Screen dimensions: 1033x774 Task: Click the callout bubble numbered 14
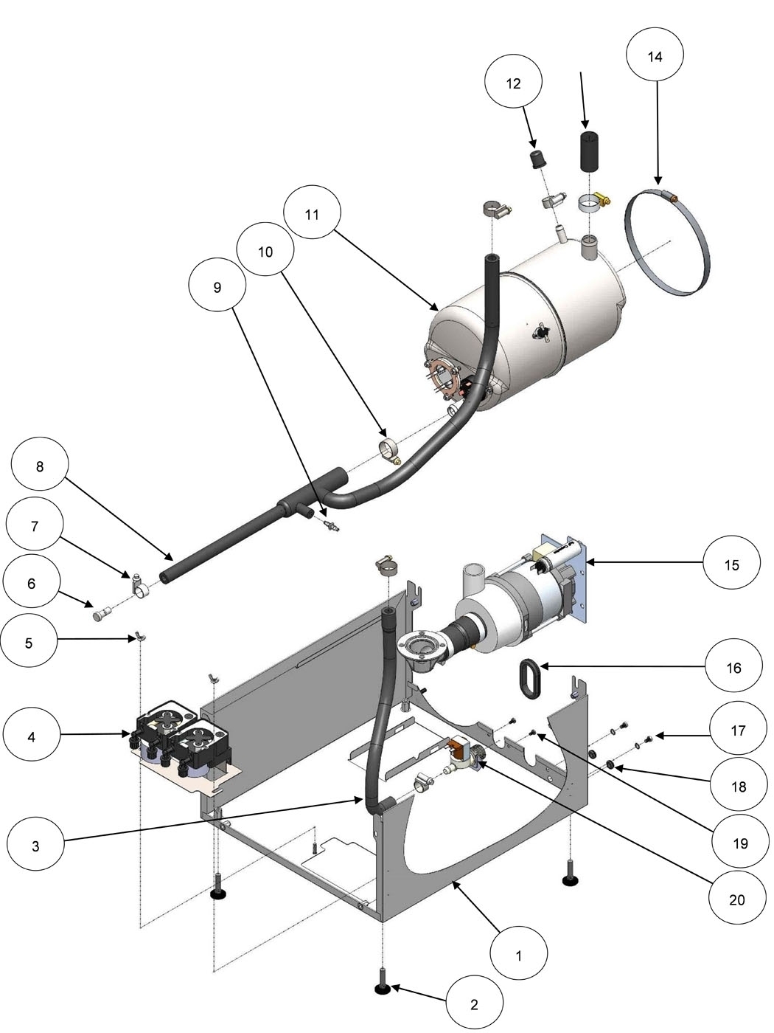pos(655,56)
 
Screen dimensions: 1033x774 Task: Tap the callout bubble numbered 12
pos(514,83)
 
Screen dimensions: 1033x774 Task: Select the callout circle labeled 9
pos(217,288)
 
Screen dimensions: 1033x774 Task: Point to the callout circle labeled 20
pos(737,899)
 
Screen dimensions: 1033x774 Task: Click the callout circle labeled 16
pos(733,668)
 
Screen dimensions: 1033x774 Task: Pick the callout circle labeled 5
pos(29,643)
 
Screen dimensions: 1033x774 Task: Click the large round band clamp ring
pos(667,243)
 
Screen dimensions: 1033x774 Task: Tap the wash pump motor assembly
pos(516,598)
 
